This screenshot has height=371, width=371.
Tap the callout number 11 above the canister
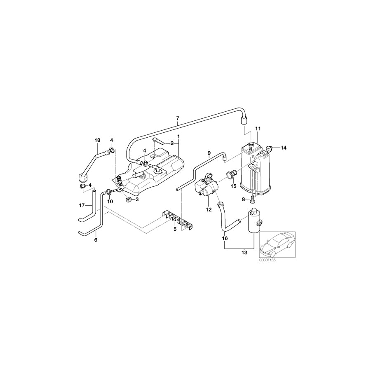point(257,129)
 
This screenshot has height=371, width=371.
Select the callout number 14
point(284,148)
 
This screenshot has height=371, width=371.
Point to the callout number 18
point(98,141)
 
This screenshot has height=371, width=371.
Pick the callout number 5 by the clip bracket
point(175,228)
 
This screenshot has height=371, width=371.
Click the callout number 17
point(81,205)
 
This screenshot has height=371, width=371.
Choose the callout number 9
point(209,153)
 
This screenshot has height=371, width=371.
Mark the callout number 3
point(137,200)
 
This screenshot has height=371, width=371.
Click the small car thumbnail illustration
point(277,244)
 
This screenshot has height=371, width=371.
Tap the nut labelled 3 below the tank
point(128,200)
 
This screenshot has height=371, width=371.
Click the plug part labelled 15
point(232,175)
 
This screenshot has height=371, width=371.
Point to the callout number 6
point(96,240)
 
